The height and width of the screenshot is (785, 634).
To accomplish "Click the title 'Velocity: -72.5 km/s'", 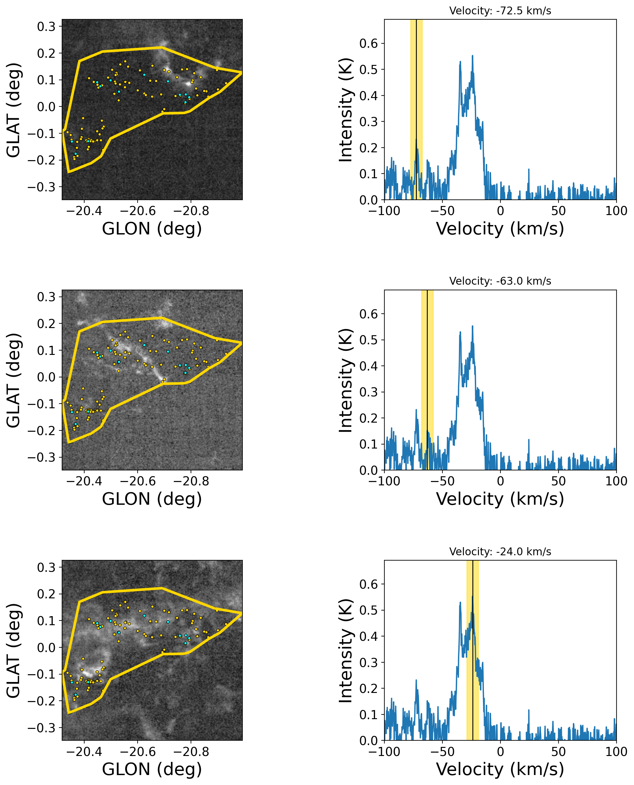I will point(500,11).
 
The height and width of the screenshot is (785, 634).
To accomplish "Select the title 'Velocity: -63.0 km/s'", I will point(500,281).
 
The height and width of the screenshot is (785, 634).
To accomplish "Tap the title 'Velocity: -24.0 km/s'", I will point(500,551).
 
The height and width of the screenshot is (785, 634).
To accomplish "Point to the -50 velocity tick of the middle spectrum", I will point(442,481).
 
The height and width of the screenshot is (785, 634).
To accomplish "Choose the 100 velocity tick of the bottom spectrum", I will point(616,751).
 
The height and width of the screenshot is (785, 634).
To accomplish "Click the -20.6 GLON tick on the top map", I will point(138,211).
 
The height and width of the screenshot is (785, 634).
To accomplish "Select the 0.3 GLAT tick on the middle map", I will point(46,297).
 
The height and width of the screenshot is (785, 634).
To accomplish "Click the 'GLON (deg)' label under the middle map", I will point(152,499).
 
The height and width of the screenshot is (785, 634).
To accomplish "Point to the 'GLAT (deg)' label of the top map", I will point(13,110).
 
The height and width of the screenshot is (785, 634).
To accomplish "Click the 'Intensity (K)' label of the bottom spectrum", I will point(345,650).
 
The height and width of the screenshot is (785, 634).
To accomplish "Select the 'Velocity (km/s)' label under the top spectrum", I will point(500,229).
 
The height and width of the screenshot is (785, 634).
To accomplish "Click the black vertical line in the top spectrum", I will point(416,110).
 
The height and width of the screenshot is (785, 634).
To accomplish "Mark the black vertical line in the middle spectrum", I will point(427,380).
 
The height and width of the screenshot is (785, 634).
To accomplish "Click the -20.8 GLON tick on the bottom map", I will point(191,751).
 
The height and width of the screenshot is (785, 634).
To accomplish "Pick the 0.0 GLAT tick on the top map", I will point(46,107).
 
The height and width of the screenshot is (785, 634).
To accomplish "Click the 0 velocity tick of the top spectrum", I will point(500,211).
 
